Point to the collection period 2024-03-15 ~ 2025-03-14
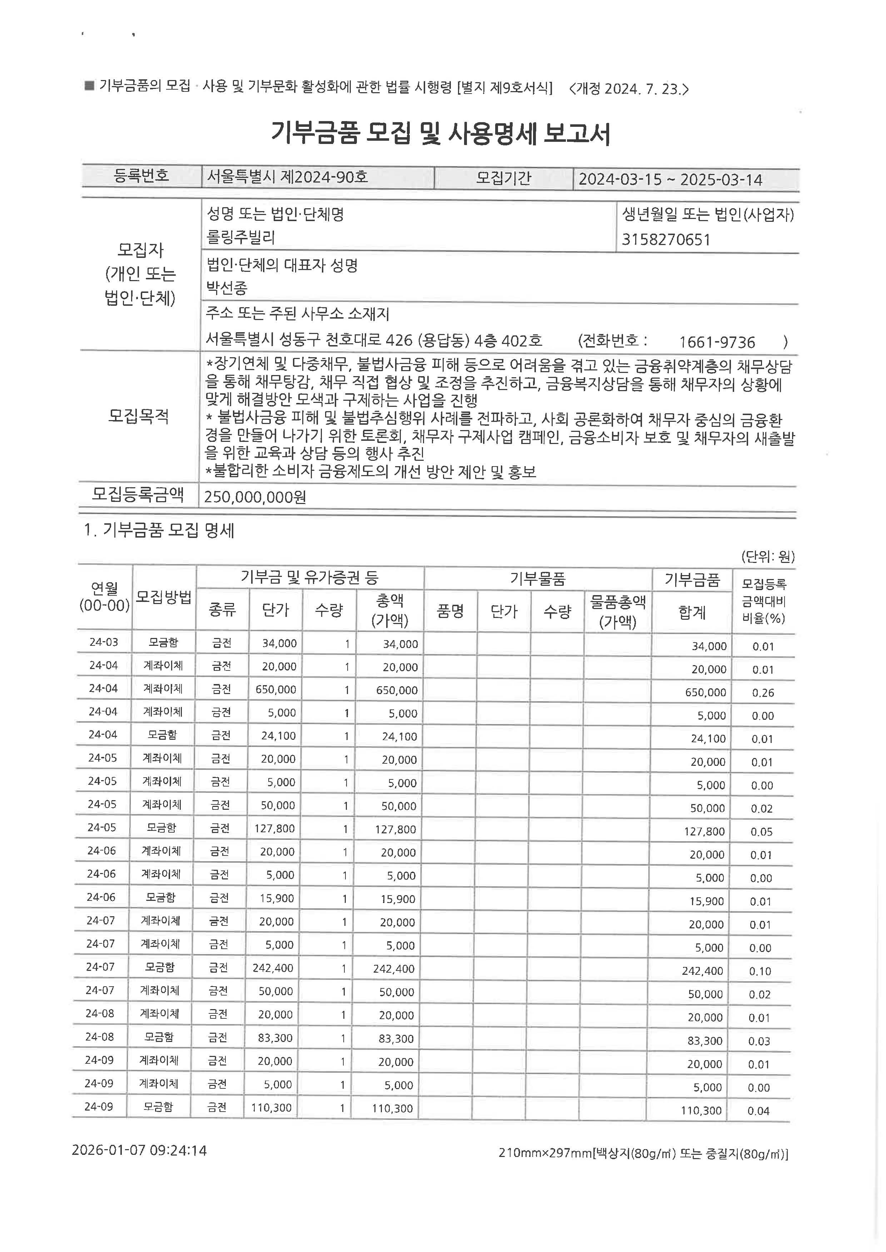[x=670, y=179]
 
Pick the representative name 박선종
[x=227, y=288]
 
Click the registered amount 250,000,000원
[x=255, y=497]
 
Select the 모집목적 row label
[x=139, y=416]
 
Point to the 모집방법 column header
[x=164, y=597]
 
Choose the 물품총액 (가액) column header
[x=618, y=611]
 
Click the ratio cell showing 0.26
[x=762, y=693]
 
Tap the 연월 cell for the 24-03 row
[x=104, y=642]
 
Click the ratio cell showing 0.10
[x=760, y=971]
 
